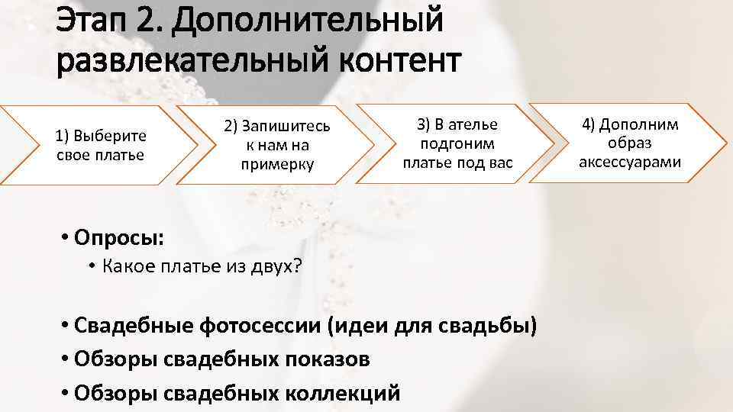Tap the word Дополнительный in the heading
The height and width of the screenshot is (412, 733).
[x=307, y=21]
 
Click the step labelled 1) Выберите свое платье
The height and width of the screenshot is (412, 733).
[x=101, y=145]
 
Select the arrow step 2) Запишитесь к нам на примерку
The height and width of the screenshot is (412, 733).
[x=276, y=144]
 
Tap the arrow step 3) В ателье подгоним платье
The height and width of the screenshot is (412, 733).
[x=457, y=143]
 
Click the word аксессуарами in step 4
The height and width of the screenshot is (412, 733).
[x=630, y=162]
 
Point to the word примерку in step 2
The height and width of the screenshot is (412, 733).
[x=276, y=164]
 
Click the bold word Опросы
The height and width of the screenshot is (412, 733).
[x=118, y=237]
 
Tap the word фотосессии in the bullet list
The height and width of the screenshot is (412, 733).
[x=260, y=326]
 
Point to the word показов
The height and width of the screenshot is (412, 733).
[x=332, y=359]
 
